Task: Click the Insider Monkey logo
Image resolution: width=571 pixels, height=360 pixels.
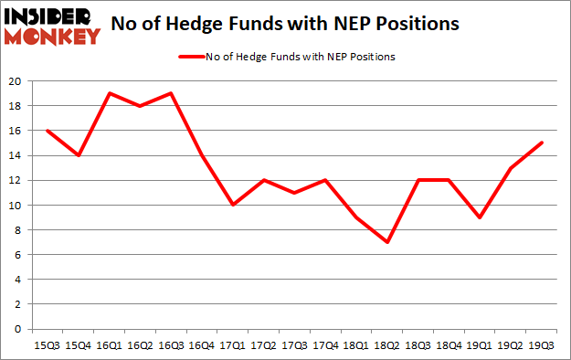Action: (x=52, y=25)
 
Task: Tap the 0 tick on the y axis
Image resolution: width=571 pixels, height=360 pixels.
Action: (x=17, y=329)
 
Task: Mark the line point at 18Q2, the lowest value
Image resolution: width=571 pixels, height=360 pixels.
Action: (x=386, y=242)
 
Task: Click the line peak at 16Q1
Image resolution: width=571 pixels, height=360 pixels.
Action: (x=108, y=93)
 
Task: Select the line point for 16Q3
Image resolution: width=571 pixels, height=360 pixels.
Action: (x=170, y=93)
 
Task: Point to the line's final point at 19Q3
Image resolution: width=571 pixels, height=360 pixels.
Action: (x=542, y=143)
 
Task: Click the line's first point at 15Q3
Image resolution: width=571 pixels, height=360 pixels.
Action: (x=46, y=131)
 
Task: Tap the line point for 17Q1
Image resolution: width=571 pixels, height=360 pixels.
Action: (x=232, y=205)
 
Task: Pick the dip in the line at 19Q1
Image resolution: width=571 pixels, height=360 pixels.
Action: (x=480, y=217)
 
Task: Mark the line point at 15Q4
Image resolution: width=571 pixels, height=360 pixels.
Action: (x=77, y=155)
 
